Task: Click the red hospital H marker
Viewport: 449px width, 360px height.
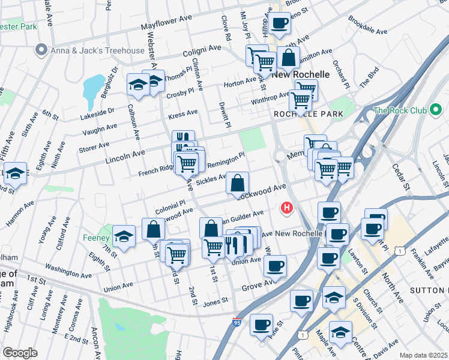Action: click(x=288, y=208)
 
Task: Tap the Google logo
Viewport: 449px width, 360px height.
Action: click(x=20, y=353)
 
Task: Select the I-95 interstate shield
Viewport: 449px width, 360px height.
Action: click(x=237, y=322)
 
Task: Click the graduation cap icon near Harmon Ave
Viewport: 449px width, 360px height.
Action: click(x=15, y=174)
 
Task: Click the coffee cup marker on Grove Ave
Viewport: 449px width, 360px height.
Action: click(x=275, y=265)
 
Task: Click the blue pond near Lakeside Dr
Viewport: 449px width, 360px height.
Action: click(x=93, y=88)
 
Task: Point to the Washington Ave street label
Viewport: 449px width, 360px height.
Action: click(x=68, y=265)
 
